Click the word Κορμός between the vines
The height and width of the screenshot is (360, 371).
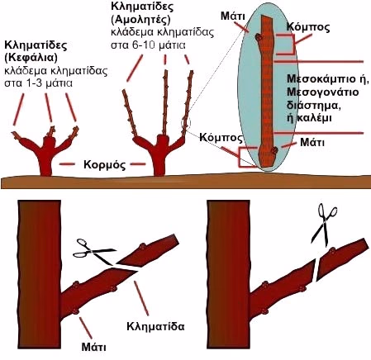tap(105, 164)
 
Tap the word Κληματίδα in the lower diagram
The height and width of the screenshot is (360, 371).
tap(155, 326)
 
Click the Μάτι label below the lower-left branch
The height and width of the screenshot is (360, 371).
tap(93, 347)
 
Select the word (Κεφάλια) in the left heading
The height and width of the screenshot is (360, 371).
tap(31, 58)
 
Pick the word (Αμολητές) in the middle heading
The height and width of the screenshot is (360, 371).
tap(140, 20)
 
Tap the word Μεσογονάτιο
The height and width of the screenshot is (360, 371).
tap(323, 92)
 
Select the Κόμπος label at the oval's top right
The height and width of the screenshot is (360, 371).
tap(308, 27)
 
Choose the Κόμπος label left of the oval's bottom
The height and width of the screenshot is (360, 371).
tap(221, 137)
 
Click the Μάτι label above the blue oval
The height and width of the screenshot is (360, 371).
tap(233, 17)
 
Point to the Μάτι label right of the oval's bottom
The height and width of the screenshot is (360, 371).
tap(312, 142)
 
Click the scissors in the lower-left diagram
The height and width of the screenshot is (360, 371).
tap(95, 250)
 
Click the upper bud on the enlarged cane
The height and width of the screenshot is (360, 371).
tap(259, 38)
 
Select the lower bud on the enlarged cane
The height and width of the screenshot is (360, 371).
tap(274, 150)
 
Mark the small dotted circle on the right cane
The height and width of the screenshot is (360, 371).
tap(186, 123)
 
